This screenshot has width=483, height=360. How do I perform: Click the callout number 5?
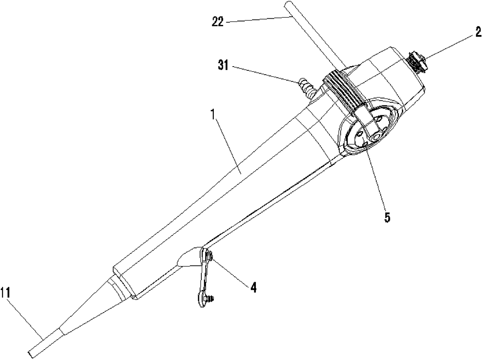click(387, 217)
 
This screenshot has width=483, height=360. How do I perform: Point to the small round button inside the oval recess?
click(377, 137)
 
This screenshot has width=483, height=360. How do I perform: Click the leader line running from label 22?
click(257, 18)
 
